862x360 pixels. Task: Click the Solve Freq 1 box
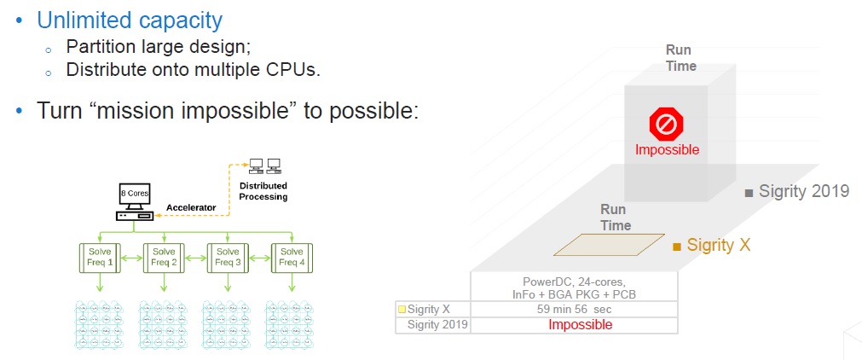point(100,258)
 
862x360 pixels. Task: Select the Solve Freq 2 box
point(163,258)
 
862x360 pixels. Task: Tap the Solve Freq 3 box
point(227,258)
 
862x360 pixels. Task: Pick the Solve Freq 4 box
point(292,258)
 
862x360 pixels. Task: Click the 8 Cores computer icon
point(134,202)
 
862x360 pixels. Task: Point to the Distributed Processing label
point(263,191)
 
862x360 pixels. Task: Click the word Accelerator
point(191,207)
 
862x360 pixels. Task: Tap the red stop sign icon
point(666,125)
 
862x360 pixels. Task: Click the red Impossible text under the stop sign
point(667,149)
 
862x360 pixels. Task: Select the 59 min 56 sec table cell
point(575,310)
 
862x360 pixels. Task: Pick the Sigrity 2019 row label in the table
point(437,325)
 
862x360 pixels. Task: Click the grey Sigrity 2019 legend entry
point(798,192)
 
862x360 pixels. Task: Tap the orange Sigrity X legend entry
point(712,245)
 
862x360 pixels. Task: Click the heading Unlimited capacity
point(130,20)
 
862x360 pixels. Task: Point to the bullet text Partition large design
point(159,46)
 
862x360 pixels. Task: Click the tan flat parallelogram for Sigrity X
point(609,245)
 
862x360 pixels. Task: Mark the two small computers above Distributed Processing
point(265,165)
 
